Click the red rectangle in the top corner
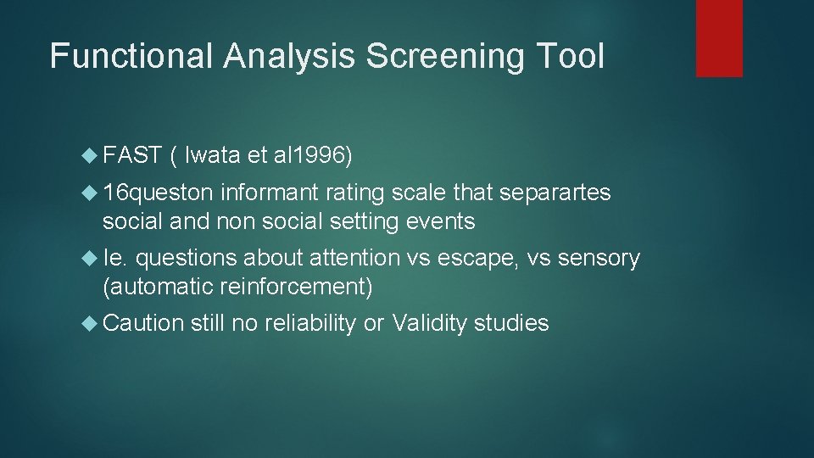coord(719,38)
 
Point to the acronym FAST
coord(132,155)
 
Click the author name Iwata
coord(211,155)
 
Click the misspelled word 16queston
coord(159,193)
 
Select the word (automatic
coord(156,287)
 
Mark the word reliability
coord(309,323)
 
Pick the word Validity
coord(431,323)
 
